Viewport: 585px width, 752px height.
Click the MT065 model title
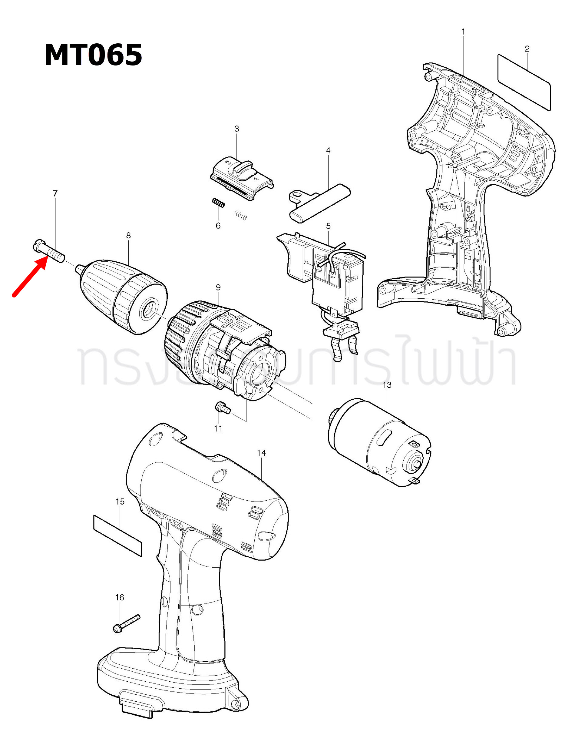(x=93, y=55)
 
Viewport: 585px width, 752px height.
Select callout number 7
(x=55, y=193)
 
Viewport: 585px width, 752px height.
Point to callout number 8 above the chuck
(x=128, y=236)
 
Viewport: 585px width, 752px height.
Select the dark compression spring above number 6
(x=218, y=203)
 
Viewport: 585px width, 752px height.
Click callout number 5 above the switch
(x=329, y=226)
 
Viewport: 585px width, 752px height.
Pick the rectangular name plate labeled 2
(x=524, y=83)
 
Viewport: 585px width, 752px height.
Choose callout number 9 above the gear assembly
(x=218, y=287)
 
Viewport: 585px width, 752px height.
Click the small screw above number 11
(x=223, y=408)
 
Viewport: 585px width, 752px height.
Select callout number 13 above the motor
(x=387, y=385)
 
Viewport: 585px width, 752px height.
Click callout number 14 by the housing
(x=261, y=453)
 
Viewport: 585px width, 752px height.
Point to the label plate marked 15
(x=117, y=535)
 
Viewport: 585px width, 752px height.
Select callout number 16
(x=120, y=597)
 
